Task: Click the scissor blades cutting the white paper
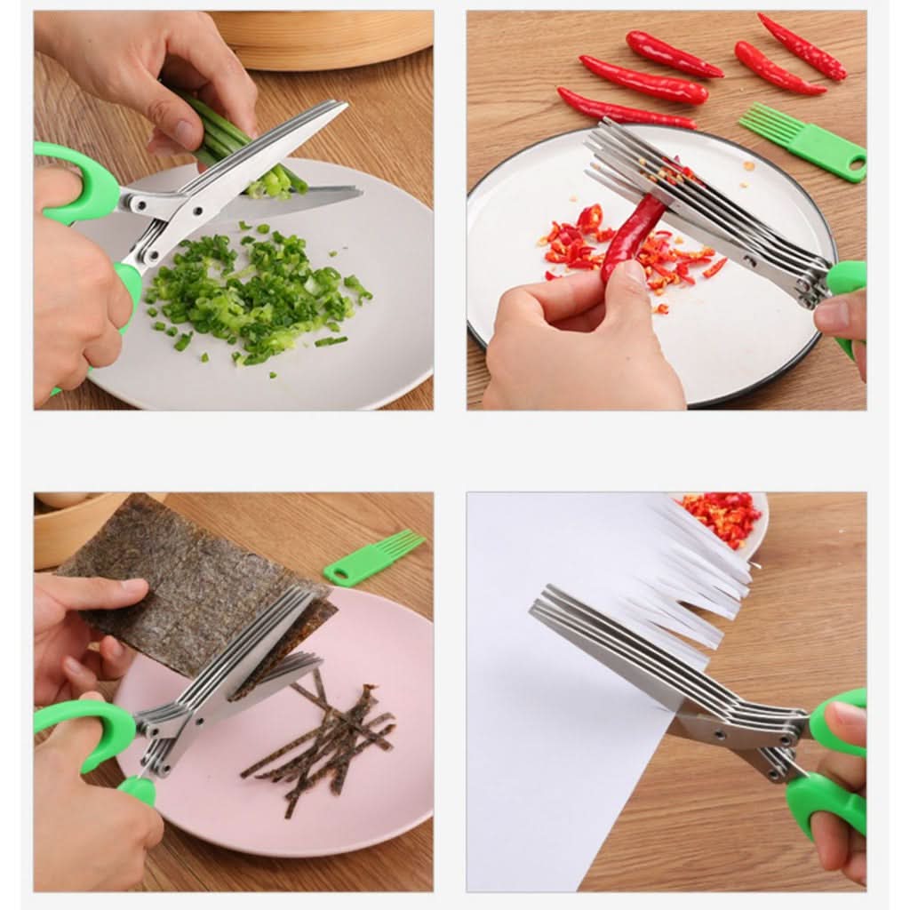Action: tap(622, 649)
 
